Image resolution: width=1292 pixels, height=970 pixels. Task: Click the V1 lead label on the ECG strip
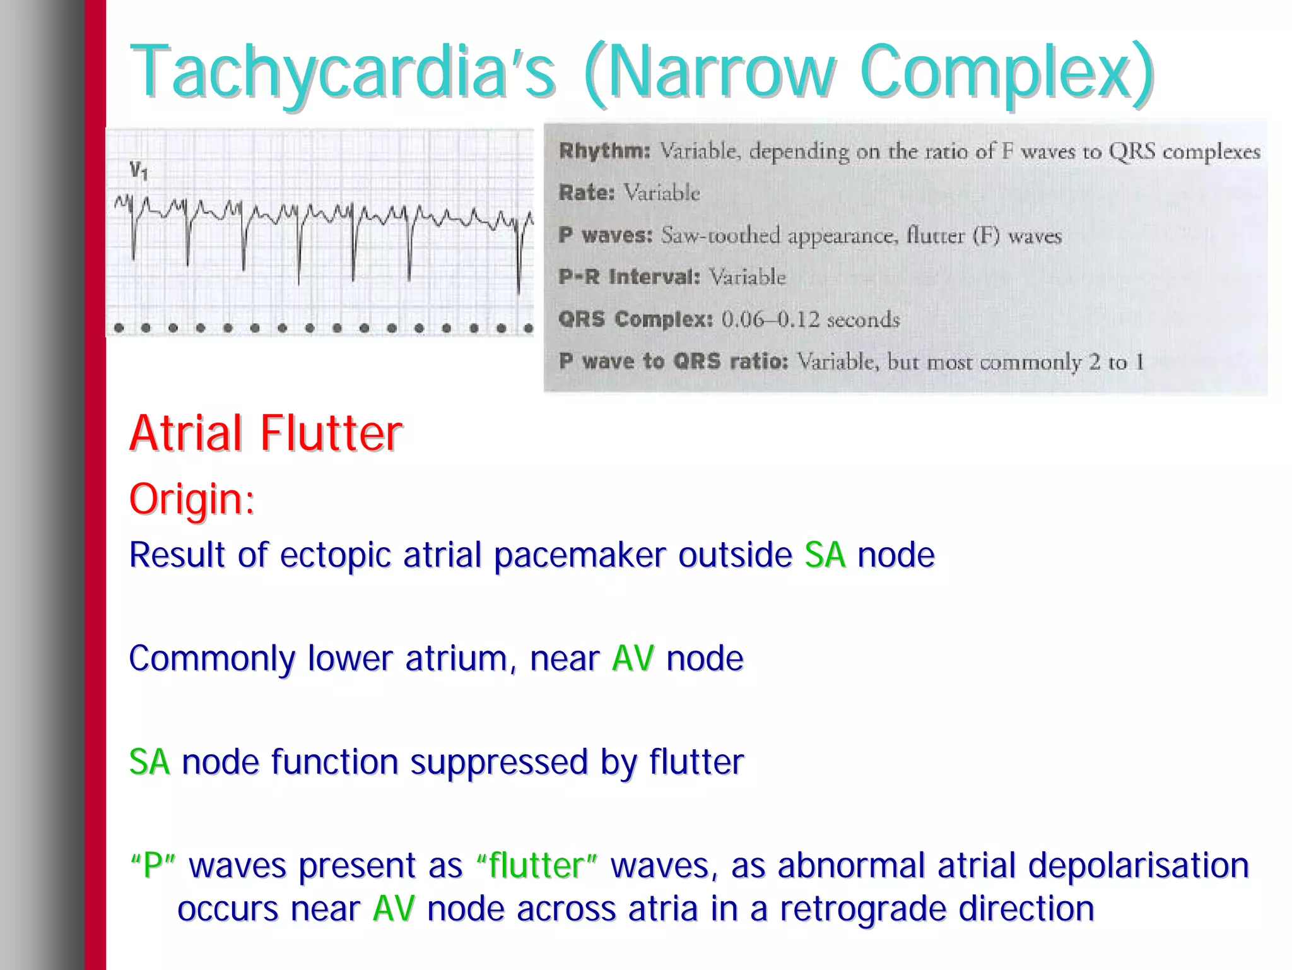pyautogui.click(x=138, y=170)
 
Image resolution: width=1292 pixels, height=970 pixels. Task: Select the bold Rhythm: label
pyautogui.click(x=604, y=151)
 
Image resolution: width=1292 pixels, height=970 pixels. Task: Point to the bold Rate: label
pyautogui.click(x=586, y=192)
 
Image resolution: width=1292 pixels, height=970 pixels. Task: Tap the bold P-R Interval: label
pyautogui.click(x=629, y=277)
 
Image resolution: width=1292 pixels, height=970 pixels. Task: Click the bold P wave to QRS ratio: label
pyautogui.click(x=673, y=362)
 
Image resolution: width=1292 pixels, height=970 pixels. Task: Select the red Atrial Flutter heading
pyautogui.click(x=266, y=434)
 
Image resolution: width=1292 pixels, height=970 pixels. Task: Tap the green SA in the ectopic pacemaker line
pyautogui.click(x=825, y=555)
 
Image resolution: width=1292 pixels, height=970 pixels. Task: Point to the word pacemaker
pyautogui.click(x=579, y=555)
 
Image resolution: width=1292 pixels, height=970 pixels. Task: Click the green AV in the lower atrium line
pyautogui.click(x=633, y=659)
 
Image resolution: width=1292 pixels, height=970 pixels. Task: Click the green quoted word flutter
pyautogui.click(x=536, y=865)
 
